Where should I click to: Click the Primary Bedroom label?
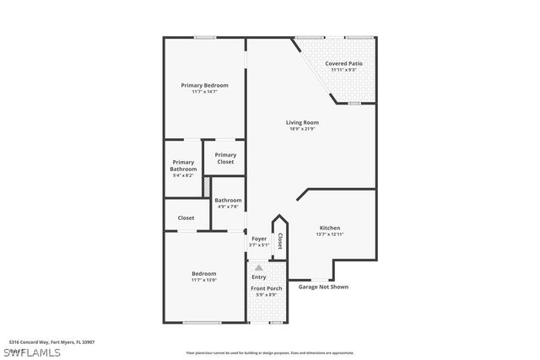click(205, 85)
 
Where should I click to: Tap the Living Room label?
click(302, 122)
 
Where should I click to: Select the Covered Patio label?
click(343, 63)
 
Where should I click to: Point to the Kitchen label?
click(329, 228)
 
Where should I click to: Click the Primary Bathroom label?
click(183, 163)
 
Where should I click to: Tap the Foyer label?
click(259, 239)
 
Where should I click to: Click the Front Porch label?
click(267, 288)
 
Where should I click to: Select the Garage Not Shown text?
click(322, 287)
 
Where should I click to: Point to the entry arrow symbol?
click(259, 267)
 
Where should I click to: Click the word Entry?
click(259, 277)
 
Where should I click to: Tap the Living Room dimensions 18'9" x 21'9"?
click(302, 129)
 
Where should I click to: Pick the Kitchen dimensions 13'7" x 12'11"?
click(329, 234)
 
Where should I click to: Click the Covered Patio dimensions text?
click(343, 69)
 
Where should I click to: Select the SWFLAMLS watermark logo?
click(31, 352)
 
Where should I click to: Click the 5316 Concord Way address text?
click(51, 342)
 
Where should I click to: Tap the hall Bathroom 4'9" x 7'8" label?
click(228, 202)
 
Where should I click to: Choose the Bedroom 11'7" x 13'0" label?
click(204, 277)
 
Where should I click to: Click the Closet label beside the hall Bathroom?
click(186, 218)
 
